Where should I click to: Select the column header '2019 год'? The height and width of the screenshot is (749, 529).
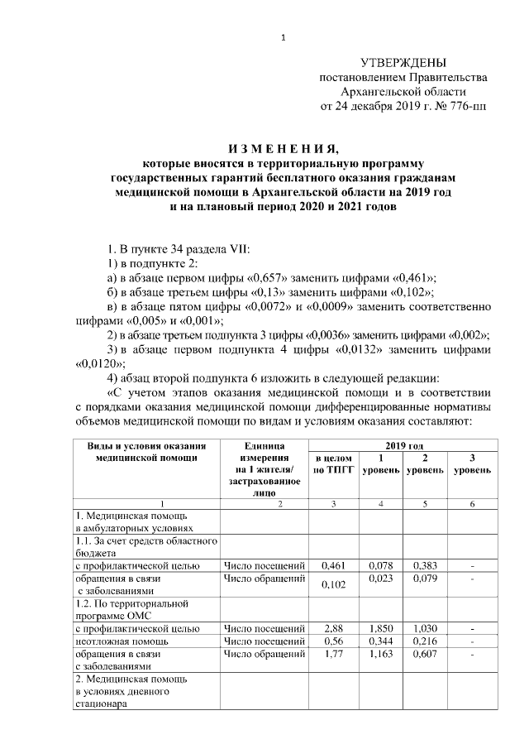tap(403, 446)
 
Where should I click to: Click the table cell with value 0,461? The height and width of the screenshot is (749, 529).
tap(332, 566)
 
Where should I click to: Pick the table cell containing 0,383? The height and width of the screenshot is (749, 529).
tap(424, 566)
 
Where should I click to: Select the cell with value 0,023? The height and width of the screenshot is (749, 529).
tap(379, 579)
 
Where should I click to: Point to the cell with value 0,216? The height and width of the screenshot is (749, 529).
tap(424, 641)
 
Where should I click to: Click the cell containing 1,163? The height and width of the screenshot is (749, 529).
tap(379, 654)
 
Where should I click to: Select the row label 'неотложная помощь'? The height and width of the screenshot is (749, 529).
tap(117, 641)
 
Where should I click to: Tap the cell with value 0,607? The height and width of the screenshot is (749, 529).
tap(424, 654)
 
